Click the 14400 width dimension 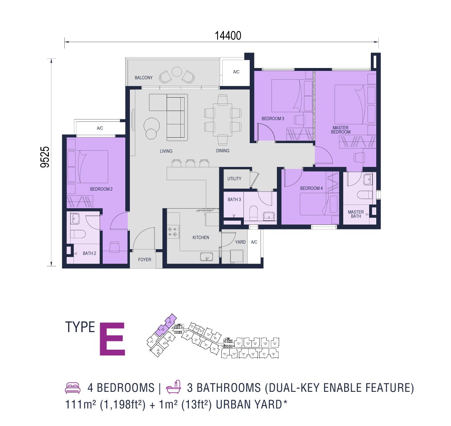coord(228,35)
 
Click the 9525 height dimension coord(45,157)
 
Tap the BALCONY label coord(143,78)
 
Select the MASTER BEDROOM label coord(341,130)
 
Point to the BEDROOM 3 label coord(273,119)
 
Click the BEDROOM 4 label coord(311,188)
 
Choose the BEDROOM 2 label coord(101,189)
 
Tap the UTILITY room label coord(234,179)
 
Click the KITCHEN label coord(200,237)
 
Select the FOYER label coord(144,260)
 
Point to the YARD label coord(240,242)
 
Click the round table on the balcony coord(177,73)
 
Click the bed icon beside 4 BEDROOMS coord(72,388)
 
